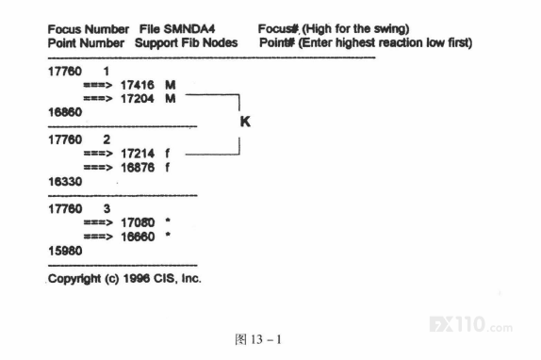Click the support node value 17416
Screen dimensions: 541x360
click(x=138, y=85)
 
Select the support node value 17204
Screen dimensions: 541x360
click(x=138, y=99)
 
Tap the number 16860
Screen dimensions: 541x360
click(x=65, y=112)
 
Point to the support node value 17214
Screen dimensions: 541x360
click(x=138, y=154)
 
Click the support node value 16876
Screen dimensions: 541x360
click(x=138, y=168)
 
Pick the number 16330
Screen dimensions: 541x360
click(x=65, y=181)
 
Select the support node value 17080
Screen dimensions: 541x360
click(x=138, y=222)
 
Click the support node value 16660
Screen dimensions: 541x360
click(x=138, y=237)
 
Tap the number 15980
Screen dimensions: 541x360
click(x=65, y=251)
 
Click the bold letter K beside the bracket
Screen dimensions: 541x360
click(x=245, y=122)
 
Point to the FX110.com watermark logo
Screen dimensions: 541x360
click(x=471, y=324)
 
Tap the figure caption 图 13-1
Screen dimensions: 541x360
click(x=258, y=339)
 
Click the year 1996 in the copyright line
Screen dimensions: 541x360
click(x=136, y=278)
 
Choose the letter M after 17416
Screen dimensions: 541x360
click(x=170, y=85)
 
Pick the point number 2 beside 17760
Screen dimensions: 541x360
click(x=107, y=139)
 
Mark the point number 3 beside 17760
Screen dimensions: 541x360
click(x=107, y=208)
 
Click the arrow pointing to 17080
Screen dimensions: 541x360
click(x=98, y=223)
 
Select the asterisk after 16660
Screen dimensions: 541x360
click(x=168, y=236)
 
